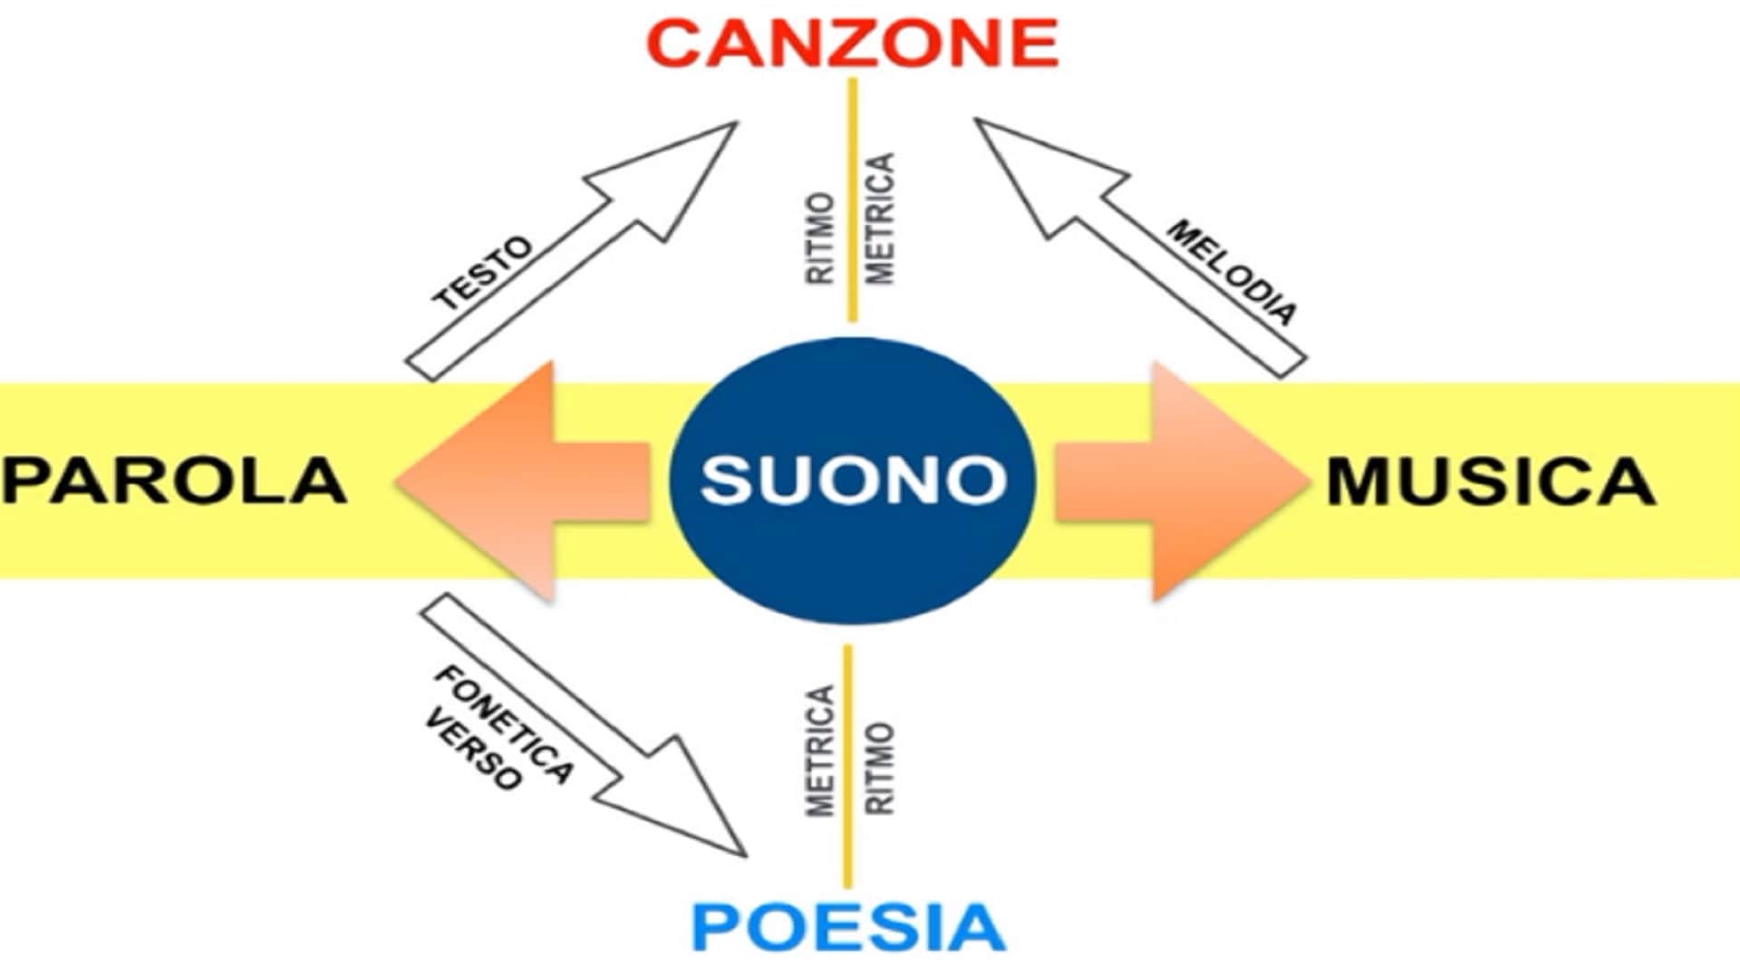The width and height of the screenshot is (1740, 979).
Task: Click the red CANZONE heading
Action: pos(852,43)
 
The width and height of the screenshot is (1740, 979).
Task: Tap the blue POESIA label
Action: pos(848,926)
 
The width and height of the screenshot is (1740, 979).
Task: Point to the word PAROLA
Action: pos(174,480)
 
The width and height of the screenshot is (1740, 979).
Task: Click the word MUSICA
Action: pos(1491,480)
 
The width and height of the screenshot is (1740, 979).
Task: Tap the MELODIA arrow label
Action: pos(1231,272)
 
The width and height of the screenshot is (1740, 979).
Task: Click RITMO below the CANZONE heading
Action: pos(820,238)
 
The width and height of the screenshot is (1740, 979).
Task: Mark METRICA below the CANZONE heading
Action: pos(880,218)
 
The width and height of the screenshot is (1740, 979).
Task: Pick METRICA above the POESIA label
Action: pos(820,751)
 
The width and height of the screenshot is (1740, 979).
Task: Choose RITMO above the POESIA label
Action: pos(880,769)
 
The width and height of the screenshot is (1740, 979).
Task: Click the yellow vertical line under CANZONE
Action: pos(852,199)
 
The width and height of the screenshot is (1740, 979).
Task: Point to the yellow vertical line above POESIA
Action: pos(848,766)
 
